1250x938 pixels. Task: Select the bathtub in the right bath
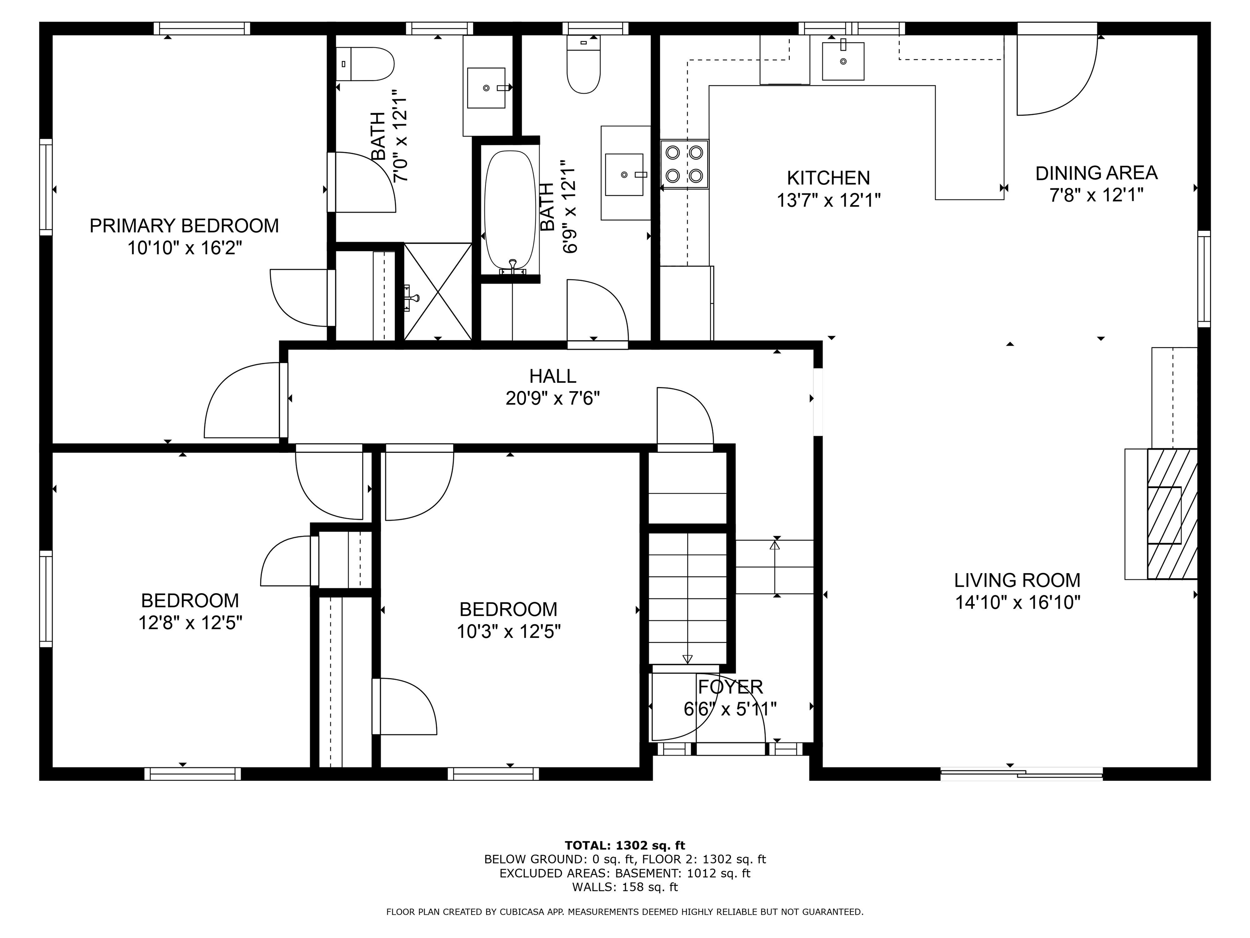[x=510, y=210]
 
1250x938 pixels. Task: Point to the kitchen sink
[x=843, y=61]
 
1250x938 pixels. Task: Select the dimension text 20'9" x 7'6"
[x=552, y=399]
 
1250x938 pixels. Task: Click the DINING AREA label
[x=1096, y=173]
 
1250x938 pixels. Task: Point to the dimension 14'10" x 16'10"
[x=1017, y=602]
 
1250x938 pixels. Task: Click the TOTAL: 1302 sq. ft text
[x=625, y=845]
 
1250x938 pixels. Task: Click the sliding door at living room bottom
[x=1021, y=774]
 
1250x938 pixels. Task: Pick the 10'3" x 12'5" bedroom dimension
[x=508, y=631]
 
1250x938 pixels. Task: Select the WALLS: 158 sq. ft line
[x=625, y=887]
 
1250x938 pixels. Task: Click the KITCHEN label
[x=828, y=178]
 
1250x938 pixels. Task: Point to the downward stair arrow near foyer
[x=687, y=657]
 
